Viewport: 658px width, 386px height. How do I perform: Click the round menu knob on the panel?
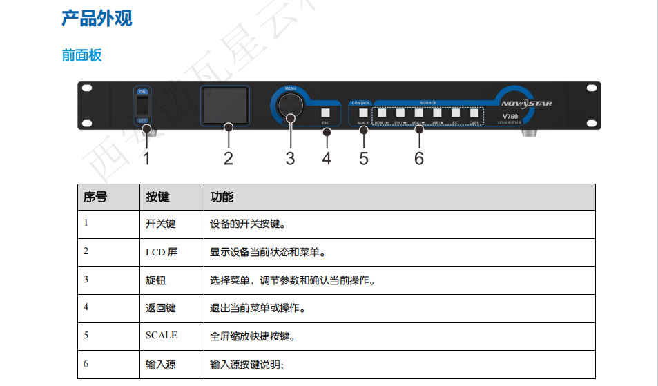(290, 106)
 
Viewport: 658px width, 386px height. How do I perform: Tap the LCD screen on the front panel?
(225, 106)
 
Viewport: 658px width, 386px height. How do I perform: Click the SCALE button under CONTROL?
(363, 113)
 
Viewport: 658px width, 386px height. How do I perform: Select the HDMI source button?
(381, 113)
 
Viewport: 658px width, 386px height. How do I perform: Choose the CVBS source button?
(474, 113)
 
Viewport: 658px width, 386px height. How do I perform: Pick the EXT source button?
(456, 113)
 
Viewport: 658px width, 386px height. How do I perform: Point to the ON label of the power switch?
(142, 92)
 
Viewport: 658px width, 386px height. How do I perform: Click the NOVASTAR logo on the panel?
(527, 104)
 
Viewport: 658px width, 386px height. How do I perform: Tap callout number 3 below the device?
(290, 158)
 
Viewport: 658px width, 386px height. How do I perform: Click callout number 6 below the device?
(419, 158)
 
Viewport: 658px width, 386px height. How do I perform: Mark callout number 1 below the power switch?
(146, 158)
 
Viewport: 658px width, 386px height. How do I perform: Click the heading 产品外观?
(97, 19)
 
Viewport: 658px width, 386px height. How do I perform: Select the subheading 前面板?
(81, 55)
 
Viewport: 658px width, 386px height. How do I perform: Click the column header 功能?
(222, 197)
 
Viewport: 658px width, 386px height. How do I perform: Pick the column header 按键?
(157, 197)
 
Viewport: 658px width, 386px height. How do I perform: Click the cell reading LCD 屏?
(161, 252)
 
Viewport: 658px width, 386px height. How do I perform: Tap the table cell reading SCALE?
(161, 336)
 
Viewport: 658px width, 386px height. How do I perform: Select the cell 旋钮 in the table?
(155, 280)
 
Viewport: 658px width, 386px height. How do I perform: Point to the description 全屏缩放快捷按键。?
(252, 336)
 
